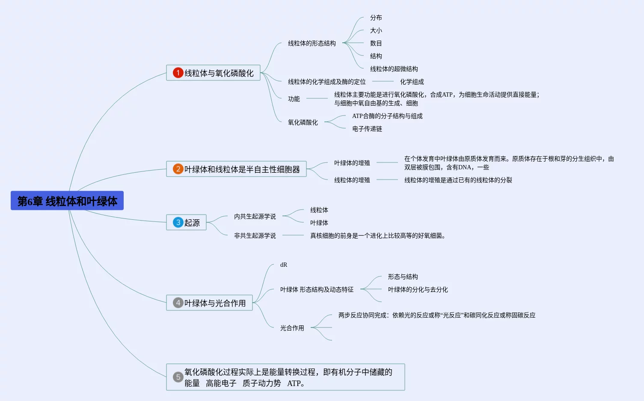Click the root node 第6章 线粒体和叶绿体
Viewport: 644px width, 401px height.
click(x=67, y=201)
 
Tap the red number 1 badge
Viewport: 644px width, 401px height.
click(x=178, y=73)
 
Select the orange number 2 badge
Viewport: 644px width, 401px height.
click(x=178, y=169)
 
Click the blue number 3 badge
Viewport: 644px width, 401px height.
click(x=178, y=222)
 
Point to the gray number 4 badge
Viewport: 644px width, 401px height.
click(x=178, y=303)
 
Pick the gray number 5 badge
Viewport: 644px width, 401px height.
click(x=178, y=377)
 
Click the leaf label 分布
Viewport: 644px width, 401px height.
click(x=376, y=18)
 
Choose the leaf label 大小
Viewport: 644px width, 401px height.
click(x=376, y=30)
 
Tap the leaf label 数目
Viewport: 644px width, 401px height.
click(x=376, y=43)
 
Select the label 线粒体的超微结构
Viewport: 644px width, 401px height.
click(x=394, y=69)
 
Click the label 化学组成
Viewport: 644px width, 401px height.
click(x=412, y=82)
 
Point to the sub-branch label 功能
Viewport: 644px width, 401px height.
click(x=294, y=99)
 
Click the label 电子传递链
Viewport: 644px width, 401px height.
click(x=367, y=129)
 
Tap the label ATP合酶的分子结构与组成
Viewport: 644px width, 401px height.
click(x=387, y=116)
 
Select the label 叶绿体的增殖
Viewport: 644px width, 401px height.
click(x=352, y=163)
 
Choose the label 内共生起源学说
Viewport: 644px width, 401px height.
click(x=255, y=216)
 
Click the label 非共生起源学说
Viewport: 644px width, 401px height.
click(x=255, y=236)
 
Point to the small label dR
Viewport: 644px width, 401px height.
click(x=284, y=265)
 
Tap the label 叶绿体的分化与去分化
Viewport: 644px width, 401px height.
click(x=418, y=289)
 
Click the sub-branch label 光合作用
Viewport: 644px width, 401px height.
click(x=292, y=328)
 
